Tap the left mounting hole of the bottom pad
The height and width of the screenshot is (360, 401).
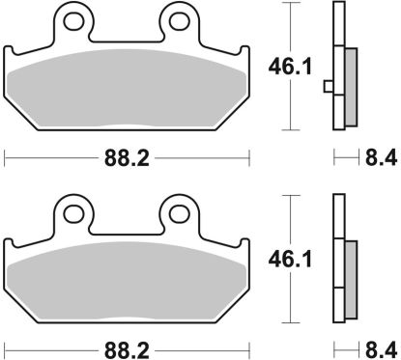pyautogui.click(x=72, y=208)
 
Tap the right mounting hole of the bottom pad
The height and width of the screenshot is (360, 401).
pyautogui.click(x=177, y=208)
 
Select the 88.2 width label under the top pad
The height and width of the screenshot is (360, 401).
pyautogui.click(x=128, y=154)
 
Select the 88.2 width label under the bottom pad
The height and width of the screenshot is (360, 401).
pyautogui.click(x=128, y=346)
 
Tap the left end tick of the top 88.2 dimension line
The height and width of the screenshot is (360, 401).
pyautogui.click(x=5, y=154)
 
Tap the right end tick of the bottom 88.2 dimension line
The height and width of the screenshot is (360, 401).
pyautogui.click(x=250, y=346)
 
